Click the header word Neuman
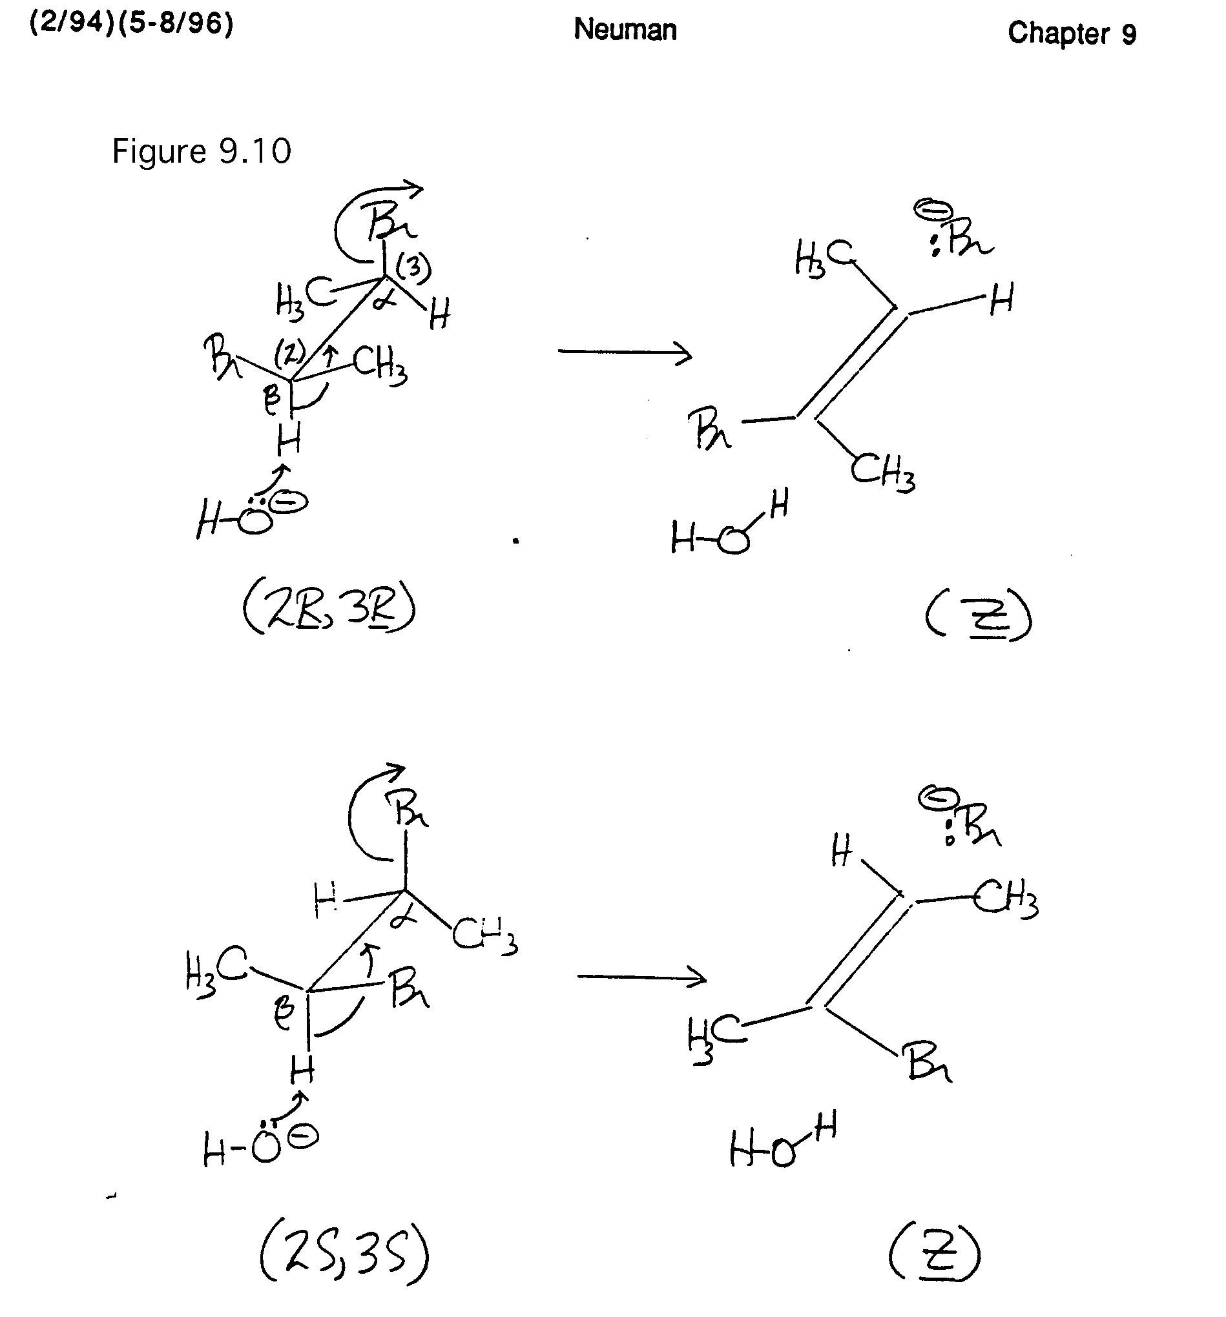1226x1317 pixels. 624,30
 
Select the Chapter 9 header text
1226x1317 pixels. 1071,33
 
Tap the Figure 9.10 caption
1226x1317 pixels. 202,152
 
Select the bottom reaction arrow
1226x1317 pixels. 641,977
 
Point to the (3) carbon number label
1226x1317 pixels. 413,268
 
